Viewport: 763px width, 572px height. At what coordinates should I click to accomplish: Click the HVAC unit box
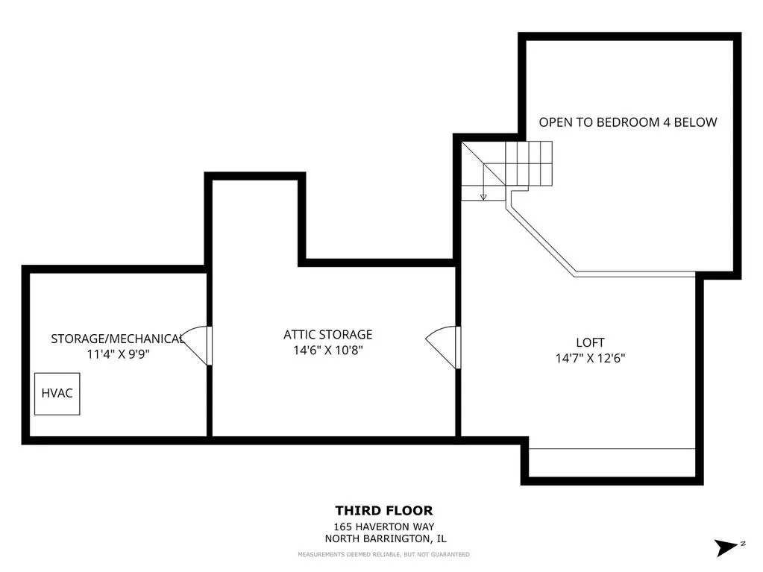[57, 394]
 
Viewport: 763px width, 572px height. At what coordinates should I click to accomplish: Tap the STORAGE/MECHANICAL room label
[117, 339]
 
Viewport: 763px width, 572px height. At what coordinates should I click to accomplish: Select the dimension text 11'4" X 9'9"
[118, 353]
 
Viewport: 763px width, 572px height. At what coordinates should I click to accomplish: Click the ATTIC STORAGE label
[328, 335]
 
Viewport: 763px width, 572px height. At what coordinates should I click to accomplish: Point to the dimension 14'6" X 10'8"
[328, 350]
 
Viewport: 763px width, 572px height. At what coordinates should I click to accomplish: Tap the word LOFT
[590, 342]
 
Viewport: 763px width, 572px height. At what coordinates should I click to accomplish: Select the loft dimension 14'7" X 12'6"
[590, 358]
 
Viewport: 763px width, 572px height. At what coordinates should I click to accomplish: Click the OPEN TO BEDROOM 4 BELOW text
[628, 122]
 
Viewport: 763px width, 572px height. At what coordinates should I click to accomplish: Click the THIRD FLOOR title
[384, 511]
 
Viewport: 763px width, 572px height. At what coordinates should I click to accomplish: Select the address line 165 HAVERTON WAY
[384, 527]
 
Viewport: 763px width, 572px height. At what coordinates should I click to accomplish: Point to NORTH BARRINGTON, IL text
[386, 538]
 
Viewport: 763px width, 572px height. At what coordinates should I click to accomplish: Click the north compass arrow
[725, 547]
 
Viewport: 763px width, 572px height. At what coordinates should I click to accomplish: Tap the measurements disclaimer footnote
[384, 555]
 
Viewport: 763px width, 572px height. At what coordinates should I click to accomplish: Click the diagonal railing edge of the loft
[541, 240]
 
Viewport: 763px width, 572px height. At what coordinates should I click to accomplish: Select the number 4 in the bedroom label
[667, 122]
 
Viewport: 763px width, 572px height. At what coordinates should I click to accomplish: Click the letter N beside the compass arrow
[743, 544]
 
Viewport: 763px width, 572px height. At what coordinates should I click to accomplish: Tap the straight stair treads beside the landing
[529, 163]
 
